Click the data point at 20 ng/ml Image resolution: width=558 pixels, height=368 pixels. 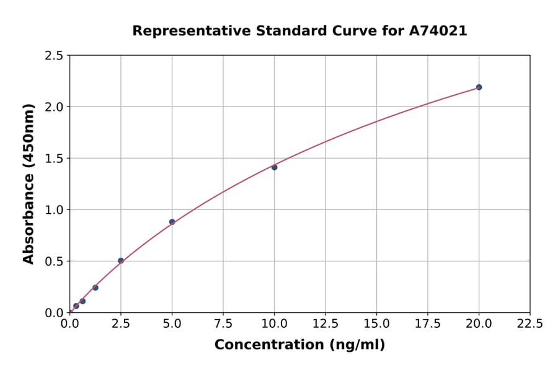479,87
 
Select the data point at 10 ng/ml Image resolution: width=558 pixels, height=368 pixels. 274,167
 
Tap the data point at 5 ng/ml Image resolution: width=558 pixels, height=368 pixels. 172,222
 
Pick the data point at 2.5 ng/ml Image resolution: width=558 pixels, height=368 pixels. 121,261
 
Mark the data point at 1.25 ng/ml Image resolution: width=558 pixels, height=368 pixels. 95,287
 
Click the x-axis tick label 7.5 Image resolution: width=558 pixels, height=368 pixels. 223,324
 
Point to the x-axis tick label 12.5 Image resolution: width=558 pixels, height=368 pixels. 325,324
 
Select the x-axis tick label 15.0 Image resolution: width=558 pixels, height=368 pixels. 376,324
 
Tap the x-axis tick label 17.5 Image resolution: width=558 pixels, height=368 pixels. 428,324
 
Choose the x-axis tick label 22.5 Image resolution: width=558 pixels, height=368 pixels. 530,324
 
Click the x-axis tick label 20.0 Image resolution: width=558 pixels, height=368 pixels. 479,324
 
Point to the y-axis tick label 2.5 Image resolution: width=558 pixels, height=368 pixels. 55,56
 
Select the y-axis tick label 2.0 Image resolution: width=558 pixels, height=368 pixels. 55,107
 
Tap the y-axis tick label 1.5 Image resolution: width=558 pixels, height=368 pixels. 55,159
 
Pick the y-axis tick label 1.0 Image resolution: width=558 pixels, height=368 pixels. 55,210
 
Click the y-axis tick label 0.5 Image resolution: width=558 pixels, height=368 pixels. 55,261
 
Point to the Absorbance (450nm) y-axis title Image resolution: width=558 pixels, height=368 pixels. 29,183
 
